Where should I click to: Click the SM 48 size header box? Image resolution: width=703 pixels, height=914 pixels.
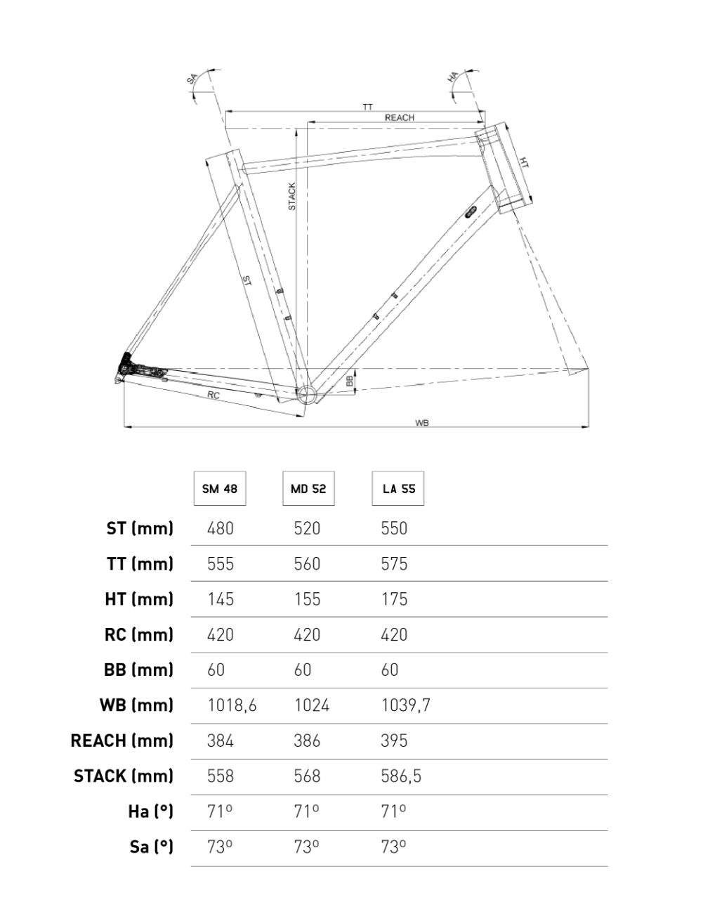click(x=220, y=488)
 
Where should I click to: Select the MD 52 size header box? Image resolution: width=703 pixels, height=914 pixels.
click(x=308, y=488)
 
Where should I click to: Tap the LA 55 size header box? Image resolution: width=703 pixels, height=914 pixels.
click(x=398, y=488)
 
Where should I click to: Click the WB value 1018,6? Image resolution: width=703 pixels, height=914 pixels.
click(x=232, y=705)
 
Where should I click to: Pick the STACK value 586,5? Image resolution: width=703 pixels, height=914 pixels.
click(x=401, y=776)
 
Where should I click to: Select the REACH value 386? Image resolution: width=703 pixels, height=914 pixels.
click(x=307, y=740)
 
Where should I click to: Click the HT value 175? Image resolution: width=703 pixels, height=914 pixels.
click(x=394, y=599)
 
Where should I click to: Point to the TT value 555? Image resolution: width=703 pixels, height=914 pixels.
click(x=221, y=563)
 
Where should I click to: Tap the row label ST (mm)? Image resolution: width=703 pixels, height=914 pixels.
click(x=140, y=528)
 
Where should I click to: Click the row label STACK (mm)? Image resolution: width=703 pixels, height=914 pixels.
click(x=124, y=776)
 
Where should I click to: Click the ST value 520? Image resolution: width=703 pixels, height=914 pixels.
click(x=307, y=528)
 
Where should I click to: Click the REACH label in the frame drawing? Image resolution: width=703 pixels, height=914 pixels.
click(x=399, y=118)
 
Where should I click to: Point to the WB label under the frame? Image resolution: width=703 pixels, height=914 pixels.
click(x=421, y=423)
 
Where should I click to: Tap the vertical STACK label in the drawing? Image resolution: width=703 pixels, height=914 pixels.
click(x=292, y=196)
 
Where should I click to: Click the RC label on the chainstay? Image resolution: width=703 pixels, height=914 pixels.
click(x=213, y=396)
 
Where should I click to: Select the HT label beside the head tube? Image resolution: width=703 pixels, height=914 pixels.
click(x=524, y=162)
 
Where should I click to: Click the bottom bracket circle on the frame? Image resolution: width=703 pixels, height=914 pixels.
click(x=307, y=394)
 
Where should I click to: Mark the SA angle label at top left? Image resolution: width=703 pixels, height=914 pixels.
click(x=191, y=79)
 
